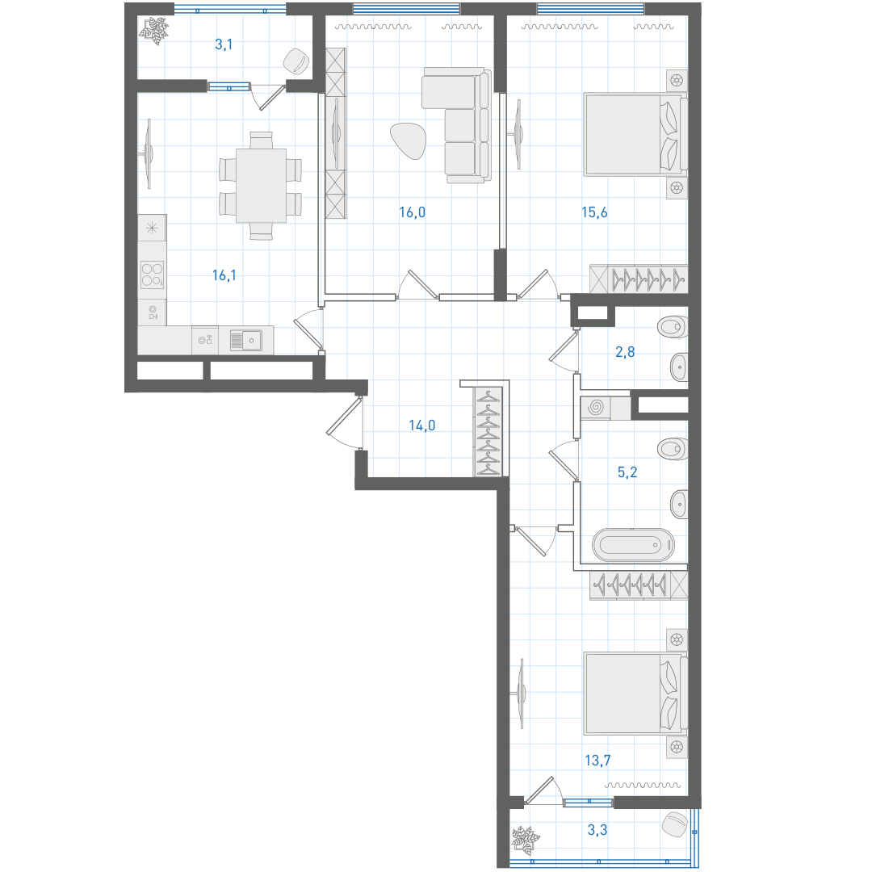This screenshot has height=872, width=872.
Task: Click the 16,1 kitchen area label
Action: (x=224, y=275)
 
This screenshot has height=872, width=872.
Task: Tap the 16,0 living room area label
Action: (x=412, y=212)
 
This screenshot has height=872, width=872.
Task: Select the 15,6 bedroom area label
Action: (x=594, y=212)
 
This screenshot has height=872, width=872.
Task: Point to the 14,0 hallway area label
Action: (x=422, y=426)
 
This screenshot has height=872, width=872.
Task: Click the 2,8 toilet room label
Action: (x=625, y=351)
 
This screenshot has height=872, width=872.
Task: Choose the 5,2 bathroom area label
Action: (x=627, y=472)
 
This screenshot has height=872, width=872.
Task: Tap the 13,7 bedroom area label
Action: (x=597, y=761)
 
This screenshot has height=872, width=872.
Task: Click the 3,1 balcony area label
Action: (x=224, y=44)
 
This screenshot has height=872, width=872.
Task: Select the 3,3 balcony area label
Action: (x=597, y=830)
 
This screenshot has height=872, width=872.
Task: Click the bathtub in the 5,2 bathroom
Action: (x=634, y=544)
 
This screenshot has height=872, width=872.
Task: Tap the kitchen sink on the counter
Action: (x=245, y=341)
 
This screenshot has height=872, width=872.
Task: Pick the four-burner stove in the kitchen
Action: (x=152, y=275)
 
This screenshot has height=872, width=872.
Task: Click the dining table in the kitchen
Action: (x=261, y=186)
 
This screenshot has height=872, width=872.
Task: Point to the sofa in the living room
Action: (x=456, y=125)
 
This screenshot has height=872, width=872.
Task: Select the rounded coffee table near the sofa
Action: (x=409, y=140)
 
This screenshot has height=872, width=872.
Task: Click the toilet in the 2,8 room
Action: (x=672, y=327)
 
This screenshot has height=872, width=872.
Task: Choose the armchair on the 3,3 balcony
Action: (x=675, y=824)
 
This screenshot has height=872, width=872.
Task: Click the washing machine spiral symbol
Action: (x=596, y=407)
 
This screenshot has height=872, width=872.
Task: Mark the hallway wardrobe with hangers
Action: (x=488, y=431)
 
